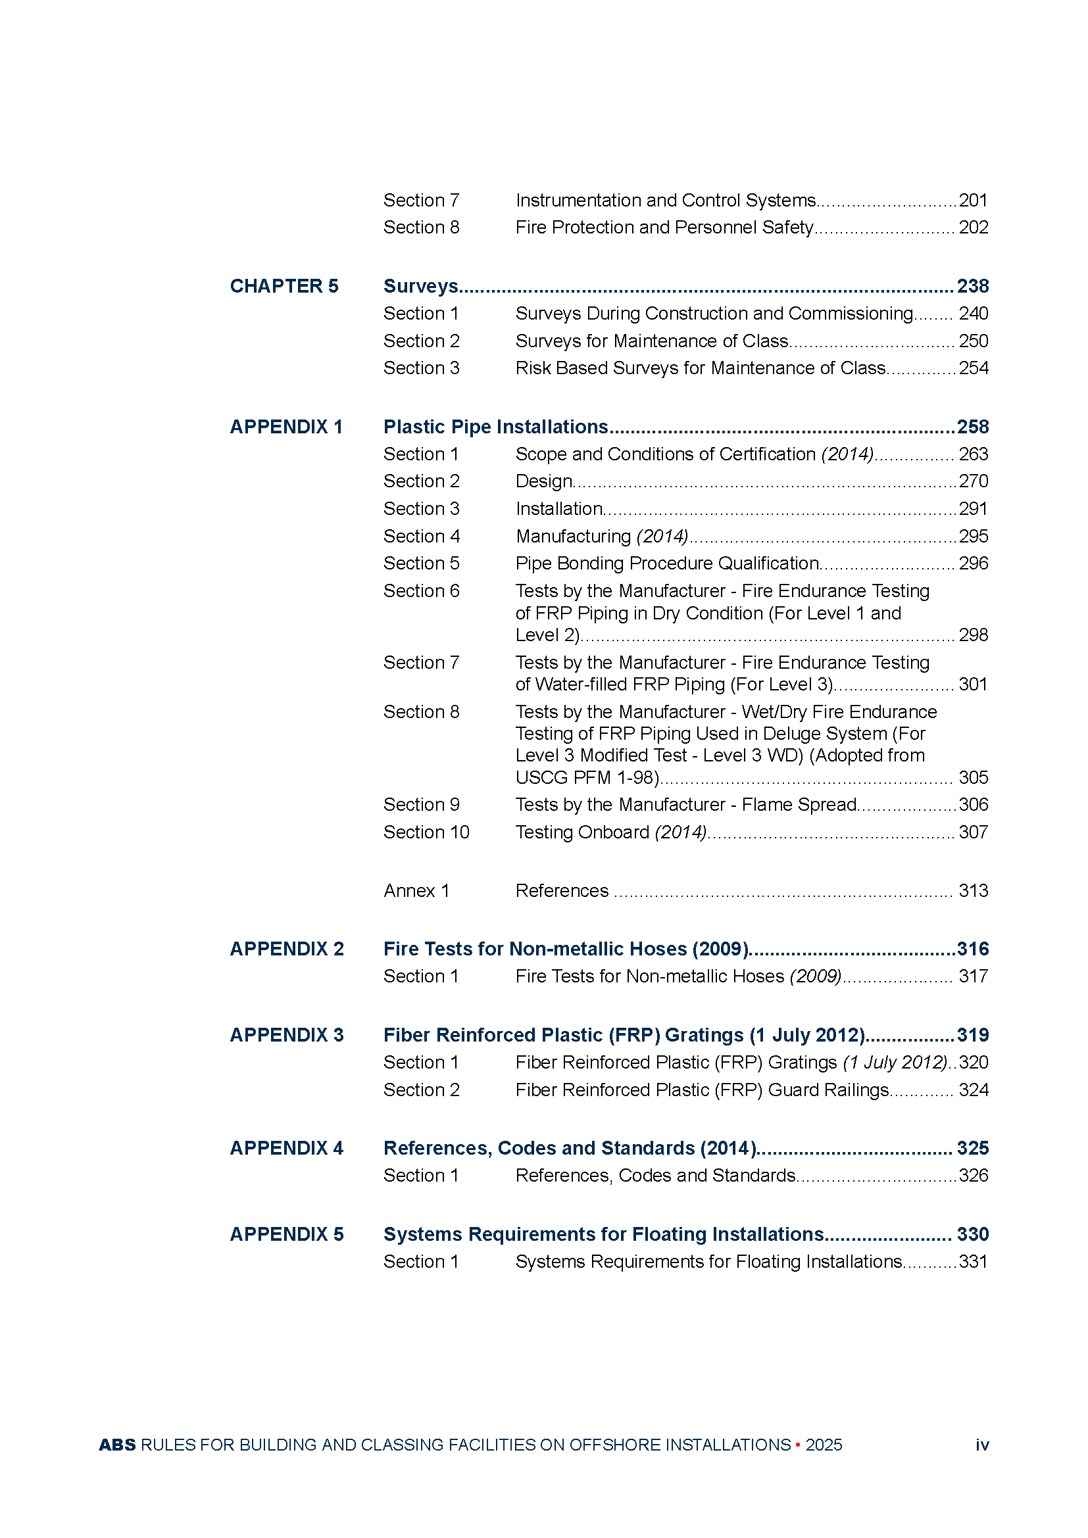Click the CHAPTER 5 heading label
[284, 286]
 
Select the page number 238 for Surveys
[972, 286]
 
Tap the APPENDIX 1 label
[286, 427]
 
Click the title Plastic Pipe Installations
[495, 427]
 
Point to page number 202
[973, 228]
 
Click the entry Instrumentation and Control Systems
[665, 201]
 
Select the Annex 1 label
[416, 891]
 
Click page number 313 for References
[973, 891]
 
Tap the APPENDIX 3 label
[287, 1035]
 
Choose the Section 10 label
[426, 832]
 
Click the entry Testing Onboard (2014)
[610, 832]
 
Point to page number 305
[973, 778]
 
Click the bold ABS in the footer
[117, 1445]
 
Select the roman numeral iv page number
[981, 1445]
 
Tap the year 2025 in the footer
[824, 1445]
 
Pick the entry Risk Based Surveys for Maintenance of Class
[700, 368]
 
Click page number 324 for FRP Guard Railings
[973, 1090]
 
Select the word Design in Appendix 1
[543, 481]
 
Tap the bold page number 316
[972, 949]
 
